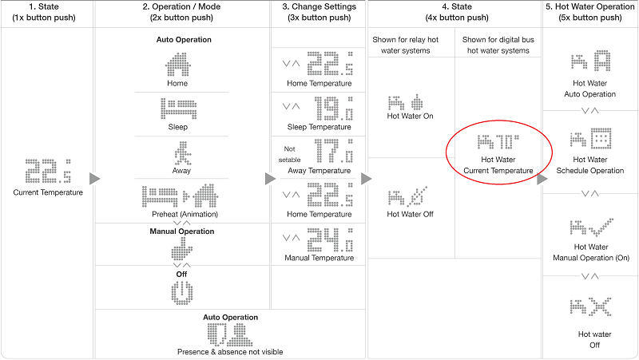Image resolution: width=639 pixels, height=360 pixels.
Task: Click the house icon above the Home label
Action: (x=177, y=65)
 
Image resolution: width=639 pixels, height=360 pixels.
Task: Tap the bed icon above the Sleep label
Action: (x=178, y=109)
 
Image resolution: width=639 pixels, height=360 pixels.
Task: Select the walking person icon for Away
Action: (x=182, y=153)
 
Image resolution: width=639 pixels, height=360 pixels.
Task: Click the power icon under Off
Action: (x=182, y=293)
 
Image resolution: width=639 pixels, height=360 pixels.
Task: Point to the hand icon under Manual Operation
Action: (x=181, y=249)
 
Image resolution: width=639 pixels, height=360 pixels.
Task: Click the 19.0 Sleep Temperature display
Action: (x=334, y=109)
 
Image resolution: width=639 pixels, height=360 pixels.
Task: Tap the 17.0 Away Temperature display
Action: (x=334, y=151)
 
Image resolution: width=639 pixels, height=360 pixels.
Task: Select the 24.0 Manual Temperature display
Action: (x=330, y=239)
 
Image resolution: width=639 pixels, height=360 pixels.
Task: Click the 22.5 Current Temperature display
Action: (x=48, y=171)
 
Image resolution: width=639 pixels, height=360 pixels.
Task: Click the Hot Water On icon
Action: (x=405, y=103)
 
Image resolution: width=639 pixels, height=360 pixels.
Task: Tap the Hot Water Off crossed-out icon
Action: (x=407, y=196)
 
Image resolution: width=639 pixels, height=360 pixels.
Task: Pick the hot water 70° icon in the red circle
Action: (x=498, y=142)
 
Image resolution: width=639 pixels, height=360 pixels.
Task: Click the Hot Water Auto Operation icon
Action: (x=590, y=61)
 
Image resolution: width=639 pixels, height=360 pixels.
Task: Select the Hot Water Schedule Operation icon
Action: (x=590, y=138)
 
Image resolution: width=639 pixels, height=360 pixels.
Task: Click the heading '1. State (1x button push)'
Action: (x=44, y=12)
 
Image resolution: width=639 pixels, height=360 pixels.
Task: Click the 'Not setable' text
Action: (x=289, y=154)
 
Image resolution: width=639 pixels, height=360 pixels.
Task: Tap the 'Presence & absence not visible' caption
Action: (x=230, y=352)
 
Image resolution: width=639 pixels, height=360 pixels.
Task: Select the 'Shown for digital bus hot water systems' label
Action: (x=498, y=45)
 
